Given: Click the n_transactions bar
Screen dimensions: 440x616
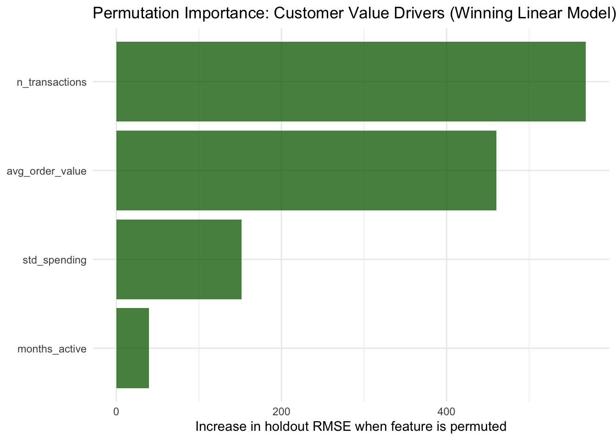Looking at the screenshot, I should (351, 82).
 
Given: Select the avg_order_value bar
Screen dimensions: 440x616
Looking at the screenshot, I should (306, 170).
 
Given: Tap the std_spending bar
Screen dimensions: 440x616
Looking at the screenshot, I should (179, 259).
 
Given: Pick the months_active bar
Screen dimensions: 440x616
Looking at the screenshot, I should (132, 348).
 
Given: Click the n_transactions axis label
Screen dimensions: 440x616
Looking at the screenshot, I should (51, 82).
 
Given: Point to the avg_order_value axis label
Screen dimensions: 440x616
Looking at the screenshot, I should (46, 171).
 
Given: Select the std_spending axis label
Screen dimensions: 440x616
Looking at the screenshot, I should (55, 260).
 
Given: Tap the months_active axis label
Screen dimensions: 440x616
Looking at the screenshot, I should (52, 349).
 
